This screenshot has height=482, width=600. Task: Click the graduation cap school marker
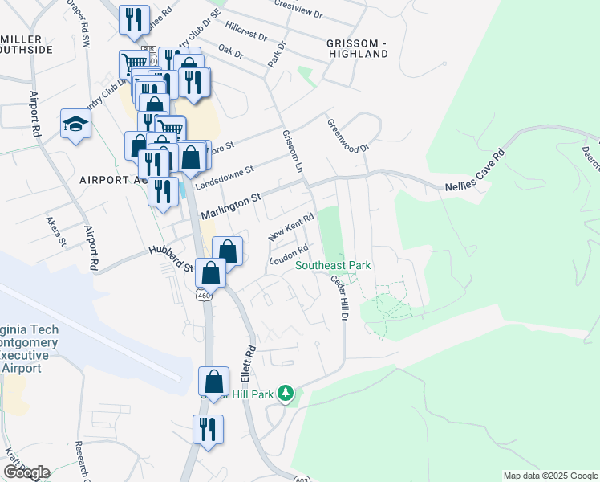75,124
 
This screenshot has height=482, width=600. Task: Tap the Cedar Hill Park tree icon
286,393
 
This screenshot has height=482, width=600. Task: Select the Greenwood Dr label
347,136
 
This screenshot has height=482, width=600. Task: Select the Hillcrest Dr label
246,32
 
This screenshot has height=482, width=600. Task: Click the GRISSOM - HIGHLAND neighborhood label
357,47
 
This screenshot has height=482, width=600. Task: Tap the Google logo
26,472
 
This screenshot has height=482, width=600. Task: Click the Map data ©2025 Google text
549,476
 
